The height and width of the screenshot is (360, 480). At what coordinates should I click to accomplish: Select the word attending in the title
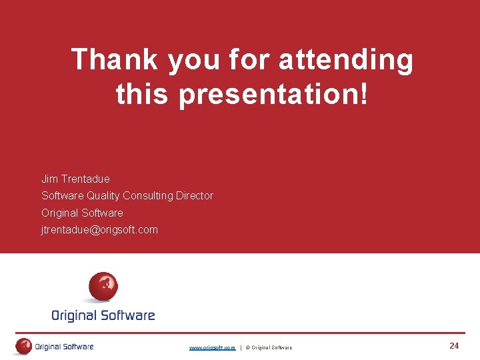(x=346, y=61)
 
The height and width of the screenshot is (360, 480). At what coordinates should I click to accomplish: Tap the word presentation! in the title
(x=273, y=95)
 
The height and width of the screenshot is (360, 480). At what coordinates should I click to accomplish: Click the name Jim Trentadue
(x=75, y=179)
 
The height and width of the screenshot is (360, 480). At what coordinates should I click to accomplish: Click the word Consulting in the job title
(x=148, y=196)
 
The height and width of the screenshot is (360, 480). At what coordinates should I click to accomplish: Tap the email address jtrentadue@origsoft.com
(x=99, y=230)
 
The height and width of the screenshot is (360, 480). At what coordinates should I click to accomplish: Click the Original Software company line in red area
(x=82, y=213)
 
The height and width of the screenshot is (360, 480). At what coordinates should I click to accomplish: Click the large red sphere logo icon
(x=103, y=287)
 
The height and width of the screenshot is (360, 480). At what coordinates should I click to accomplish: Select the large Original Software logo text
(x=103, y=315)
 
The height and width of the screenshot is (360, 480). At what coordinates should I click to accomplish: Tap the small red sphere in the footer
(x=24, y=346)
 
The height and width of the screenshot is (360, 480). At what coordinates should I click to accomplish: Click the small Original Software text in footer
(x=64, y=347)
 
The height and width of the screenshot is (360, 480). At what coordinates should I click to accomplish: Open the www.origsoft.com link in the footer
(x=212, y=347)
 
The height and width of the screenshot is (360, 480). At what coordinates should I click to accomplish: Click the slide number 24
(x=454, y=346)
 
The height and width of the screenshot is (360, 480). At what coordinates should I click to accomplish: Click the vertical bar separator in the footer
(x=241, y=347)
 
